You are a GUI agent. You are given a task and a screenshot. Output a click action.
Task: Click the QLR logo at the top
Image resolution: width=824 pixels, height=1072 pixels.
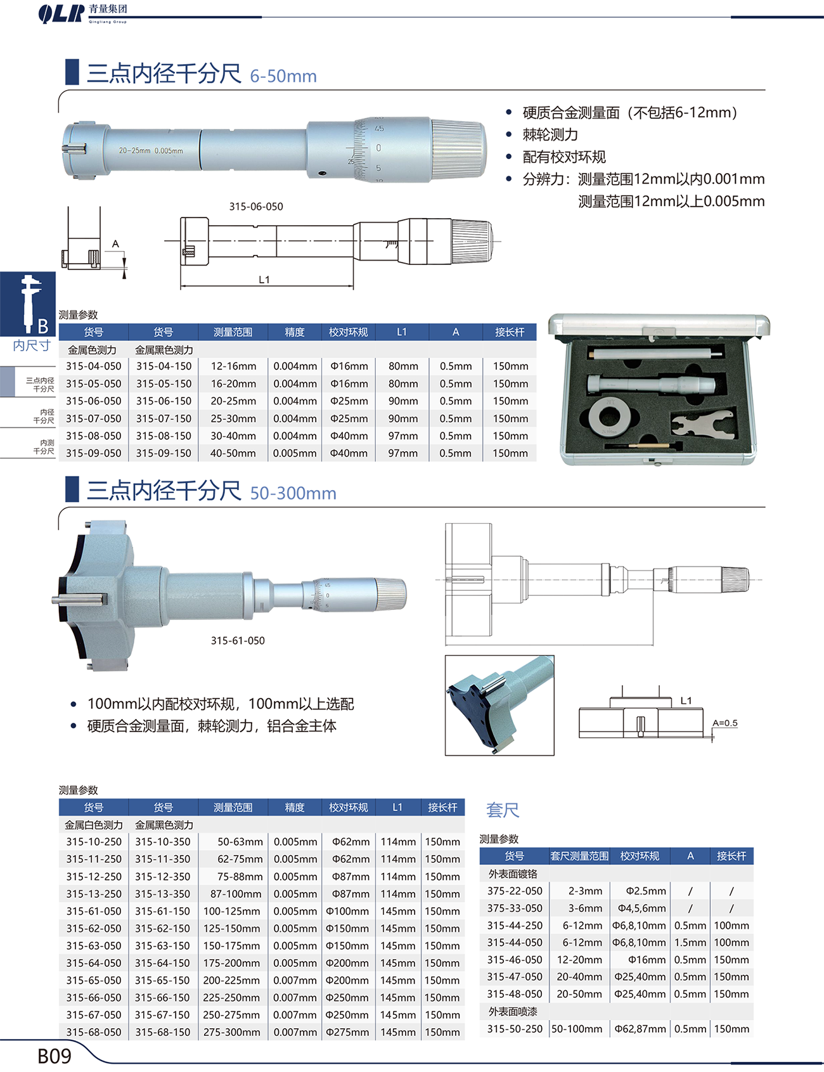point(61,13)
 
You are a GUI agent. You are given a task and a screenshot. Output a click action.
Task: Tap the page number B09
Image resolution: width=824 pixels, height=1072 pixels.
point(55,1056)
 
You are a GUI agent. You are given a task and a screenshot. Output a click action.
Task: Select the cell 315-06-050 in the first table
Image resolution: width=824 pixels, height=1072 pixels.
point(93,401)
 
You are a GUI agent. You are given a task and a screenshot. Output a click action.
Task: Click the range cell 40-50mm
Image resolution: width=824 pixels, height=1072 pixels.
point(233,453)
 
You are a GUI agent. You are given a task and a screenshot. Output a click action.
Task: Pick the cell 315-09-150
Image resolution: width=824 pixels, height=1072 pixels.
point(164,453)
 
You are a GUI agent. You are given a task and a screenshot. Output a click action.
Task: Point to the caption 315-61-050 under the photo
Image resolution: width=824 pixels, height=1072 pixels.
point(238,641)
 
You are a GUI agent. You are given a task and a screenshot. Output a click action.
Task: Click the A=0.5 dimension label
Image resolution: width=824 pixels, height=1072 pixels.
point(725,723)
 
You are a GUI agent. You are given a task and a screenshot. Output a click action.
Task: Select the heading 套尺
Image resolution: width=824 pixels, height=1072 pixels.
point(503,810)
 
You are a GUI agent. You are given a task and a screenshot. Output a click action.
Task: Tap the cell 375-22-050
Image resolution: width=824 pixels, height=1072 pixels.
point(515,891)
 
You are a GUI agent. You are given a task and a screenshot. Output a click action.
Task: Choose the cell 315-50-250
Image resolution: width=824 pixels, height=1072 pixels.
point(515,1029)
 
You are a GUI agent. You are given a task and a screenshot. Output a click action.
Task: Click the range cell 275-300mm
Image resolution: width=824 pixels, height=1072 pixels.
point(231,1032)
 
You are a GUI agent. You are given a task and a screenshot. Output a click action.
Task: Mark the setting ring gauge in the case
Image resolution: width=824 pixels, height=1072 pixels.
point(608,417)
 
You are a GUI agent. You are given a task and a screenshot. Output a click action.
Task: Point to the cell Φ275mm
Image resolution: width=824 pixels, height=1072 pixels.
point(347,1032)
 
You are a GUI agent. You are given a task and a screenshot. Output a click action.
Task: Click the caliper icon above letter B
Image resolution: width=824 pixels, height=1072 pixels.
point(29,303)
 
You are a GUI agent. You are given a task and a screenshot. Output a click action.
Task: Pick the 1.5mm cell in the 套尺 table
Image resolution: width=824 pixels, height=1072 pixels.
point(690,943)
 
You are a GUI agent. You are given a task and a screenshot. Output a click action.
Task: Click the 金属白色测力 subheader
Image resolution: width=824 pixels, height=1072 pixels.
point(94,825)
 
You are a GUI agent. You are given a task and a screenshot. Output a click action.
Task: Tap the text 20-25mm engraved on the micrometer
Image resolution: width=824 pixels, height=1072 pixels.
point(134,151)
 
